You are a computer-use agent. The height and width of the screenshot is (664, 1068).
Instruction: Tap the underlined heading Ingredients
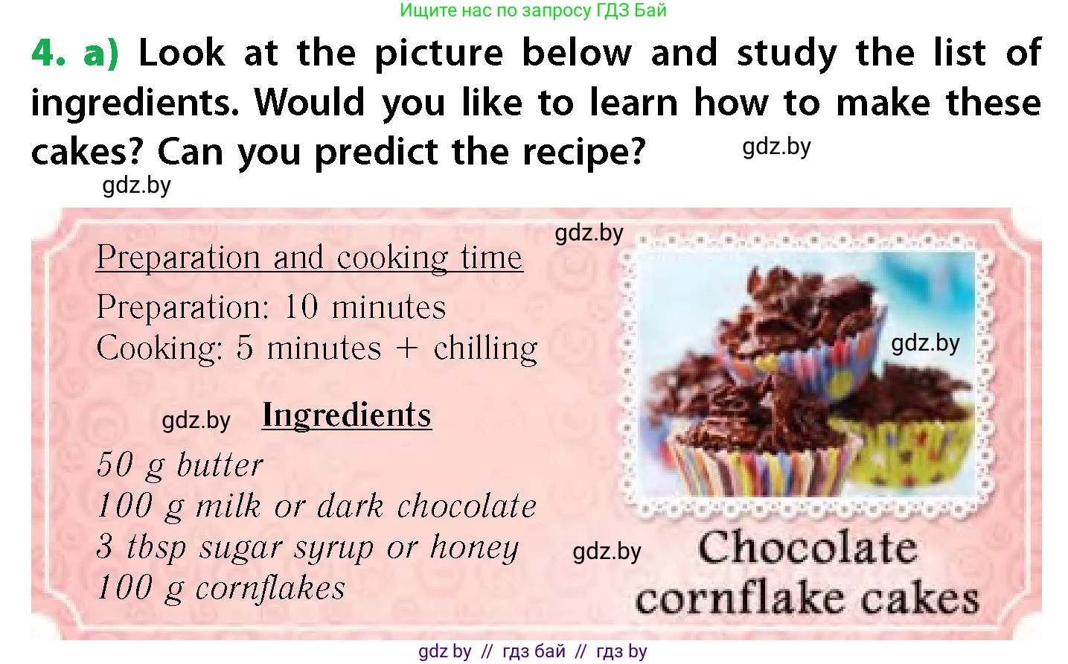[x=347, y=415]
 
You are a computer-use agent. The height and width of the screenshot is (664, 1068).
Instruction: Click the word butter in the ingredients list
[x=220, y=465]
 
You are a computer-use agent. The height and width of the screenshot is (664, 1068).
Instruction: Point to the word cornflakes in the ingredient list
[x=270, y=589]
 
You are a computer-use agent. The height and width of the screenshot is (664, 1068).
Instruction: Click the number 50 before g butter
[x=115, y=465]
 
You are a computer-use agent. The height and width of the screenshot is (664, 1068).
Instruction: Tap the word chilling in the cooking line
[x=485, y=348]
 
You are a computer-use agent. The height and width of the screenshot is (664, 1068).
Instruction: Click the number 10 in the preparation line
[x=301, y=306]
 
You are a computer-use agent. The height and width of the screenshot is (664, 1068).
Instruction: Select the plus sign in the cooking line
[x=406, y=348]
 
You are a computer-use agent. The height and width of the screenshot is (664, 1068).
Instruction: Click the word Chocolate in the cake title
[x=808, y=547]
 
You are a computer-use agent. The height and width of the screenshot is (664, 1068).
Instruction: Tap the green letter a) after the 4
[x=101, y=54]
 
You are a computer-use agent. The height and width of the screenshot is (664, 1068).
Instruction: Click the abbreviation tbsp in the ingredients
[x=156, y=548]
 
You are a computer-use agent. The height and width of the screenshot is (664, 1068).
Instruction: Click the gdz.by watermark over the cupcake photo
[x=925, y=343]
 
